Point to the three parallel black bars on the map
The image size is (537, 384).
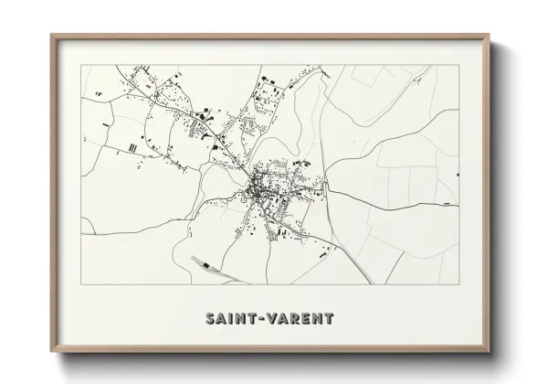133,145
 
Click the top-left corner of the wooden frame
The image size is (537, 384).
51,35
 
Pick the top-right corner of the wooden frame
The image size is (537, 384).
486,35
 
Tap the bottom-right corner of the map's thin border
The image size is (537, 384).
458,284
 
